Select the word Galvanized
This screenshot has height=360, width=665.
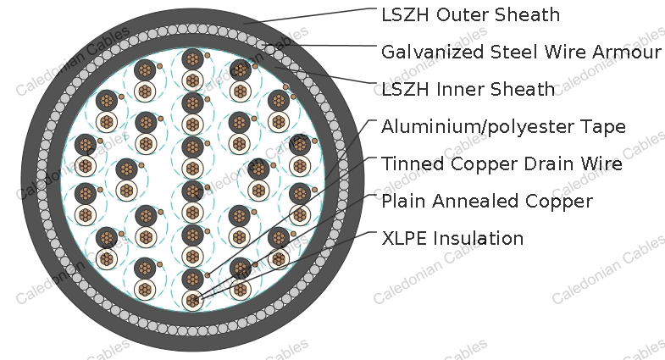433,53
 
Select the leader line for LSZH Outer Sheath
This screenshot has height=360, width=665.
309,16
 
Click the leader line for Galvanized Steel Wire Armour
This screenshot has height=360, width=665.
319,45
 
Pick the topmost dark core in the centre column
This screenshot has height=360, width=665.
192,59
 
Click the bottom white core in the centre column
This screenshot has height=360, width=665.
192,301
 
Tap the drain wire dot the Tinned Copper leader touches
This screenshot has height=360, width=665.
208,275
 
